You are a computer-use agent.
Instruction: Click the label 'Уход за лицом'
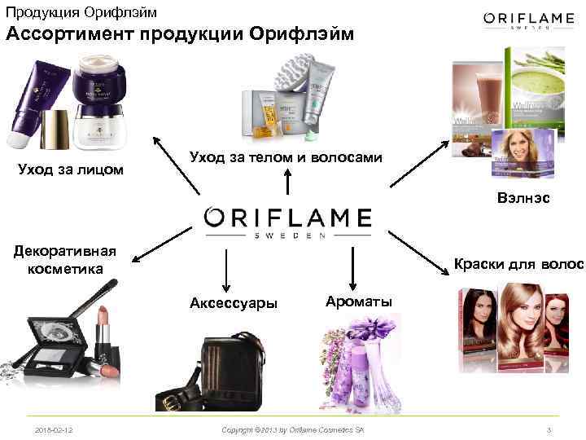click(x=71, y=169)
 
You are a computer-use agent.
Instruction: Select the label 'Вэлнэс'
click(x=529, y=197)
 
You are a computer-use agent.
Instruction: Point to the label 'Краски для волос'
click(x=518, y=264)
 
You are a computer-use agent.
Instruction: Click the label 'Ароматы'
click(x=357, y=301)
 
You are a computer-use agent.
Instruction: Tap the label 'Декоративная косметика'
click(x=65, y=259)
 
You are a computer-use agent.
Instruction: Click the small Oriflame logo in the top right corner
click(x=529, y=20)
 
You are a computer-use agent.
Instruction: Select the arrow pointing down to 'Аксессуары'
click(x=226, y=269)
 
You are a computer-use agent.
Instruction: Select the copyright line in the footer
click(x=293, y=429)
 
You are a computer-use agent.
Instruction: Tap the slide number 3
click(x=550, y=429)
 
